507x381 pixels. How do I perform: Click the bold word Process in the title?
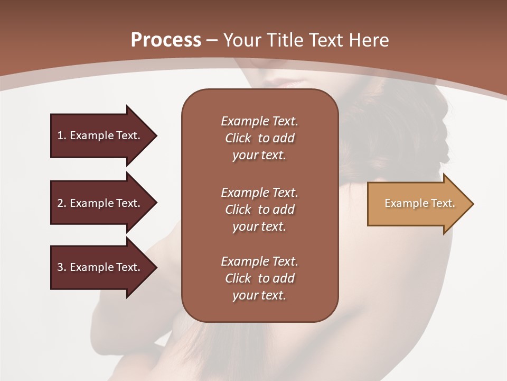165,40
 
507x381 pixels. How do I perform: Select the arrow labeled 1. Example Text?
100,135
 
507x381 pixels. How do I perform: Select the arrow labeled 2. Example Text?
100,203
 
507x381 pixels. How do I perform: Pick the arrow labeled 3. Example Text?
100,267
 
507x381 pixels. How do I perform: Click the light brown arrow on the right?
417,204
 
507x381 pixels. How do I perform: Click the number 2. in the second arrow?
61,203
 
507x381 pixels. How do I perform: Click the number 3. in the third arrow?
61,267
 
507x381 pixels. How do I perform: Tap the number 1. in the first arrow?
61,135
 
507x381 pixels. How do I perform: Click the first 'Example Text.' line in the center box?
259,121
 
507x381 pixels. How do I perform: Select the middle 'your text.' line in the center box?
259,226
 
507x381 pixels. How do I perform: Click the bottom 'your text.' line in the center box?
259,295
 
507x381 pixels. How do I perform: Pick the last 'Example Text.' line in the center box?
259,261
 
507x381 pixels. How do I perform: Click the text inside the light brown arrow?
419,203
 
